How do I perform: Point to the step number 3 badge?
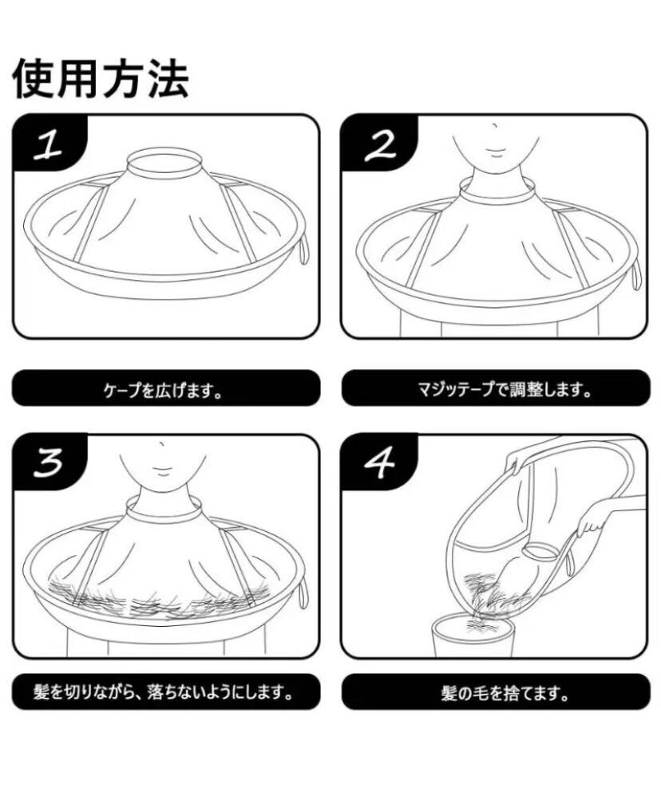[49, 463]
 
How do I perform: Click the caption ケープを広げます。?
[164, 392]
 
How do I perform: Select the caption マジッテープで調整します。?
[505, 390]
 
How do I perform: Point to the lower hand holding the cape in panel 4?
[590, 522]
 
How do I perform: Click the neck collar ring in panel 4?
[540, 550]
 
